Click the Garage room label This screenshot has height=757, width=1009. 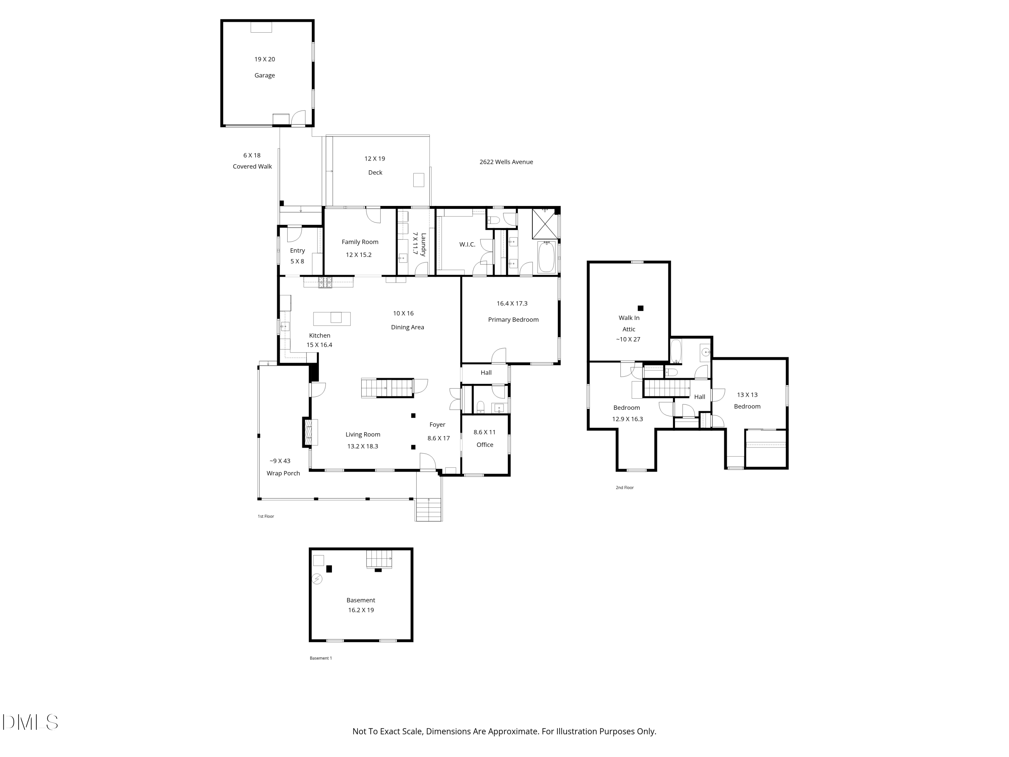265,75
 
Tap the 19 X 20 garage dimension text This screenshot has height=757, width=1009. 265,59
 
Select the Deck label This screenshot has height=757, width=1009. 375,173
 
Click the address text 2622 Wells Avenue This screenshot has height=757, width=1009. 506,162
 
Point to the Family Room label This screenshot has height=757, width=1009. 360,242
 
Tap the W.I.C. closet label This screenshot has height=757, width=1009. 467,245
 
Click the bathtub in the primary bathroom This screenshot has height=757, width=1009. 546,257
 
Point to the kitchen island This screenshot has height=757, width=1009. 332,319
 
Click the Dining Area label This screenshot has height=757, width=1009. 407,327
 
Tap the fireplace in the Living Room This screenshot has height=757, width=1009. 310,432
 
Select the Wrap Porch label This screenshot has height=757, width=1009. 283,473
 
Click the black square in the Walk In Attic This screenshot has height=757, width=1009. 640,308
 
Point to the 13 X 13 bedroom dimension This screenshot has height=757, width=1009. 747,395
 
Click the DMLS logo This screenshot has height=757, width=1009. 30,722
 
